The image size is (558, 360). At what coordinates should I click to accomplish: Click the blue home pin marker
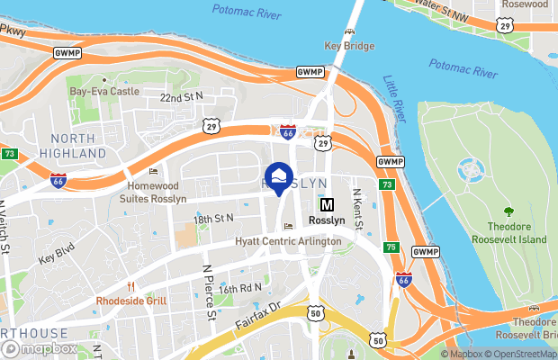pos(279,176)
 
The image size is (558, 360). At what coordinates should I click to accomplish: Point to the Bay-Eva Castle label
pos(105,92)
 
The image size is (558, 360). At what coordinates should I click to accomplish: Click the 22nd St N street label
pos(182,96)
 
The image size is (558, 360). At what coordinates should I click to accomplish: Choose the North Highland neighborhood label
pos(73,146)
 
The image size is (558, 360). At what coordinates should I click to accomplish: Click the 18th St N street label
pos(212,219)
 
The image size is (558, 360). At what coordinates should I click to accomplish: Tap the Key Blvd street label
pos(56,254)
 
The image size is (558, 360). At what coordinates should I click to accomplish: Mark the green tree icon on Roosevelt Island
pos(509,211)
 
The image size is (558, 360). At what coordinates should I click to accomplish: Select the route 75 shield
pos(391,246)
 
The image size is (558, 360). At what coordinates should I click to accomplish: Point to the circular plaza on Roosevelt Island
pos(470,168)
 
